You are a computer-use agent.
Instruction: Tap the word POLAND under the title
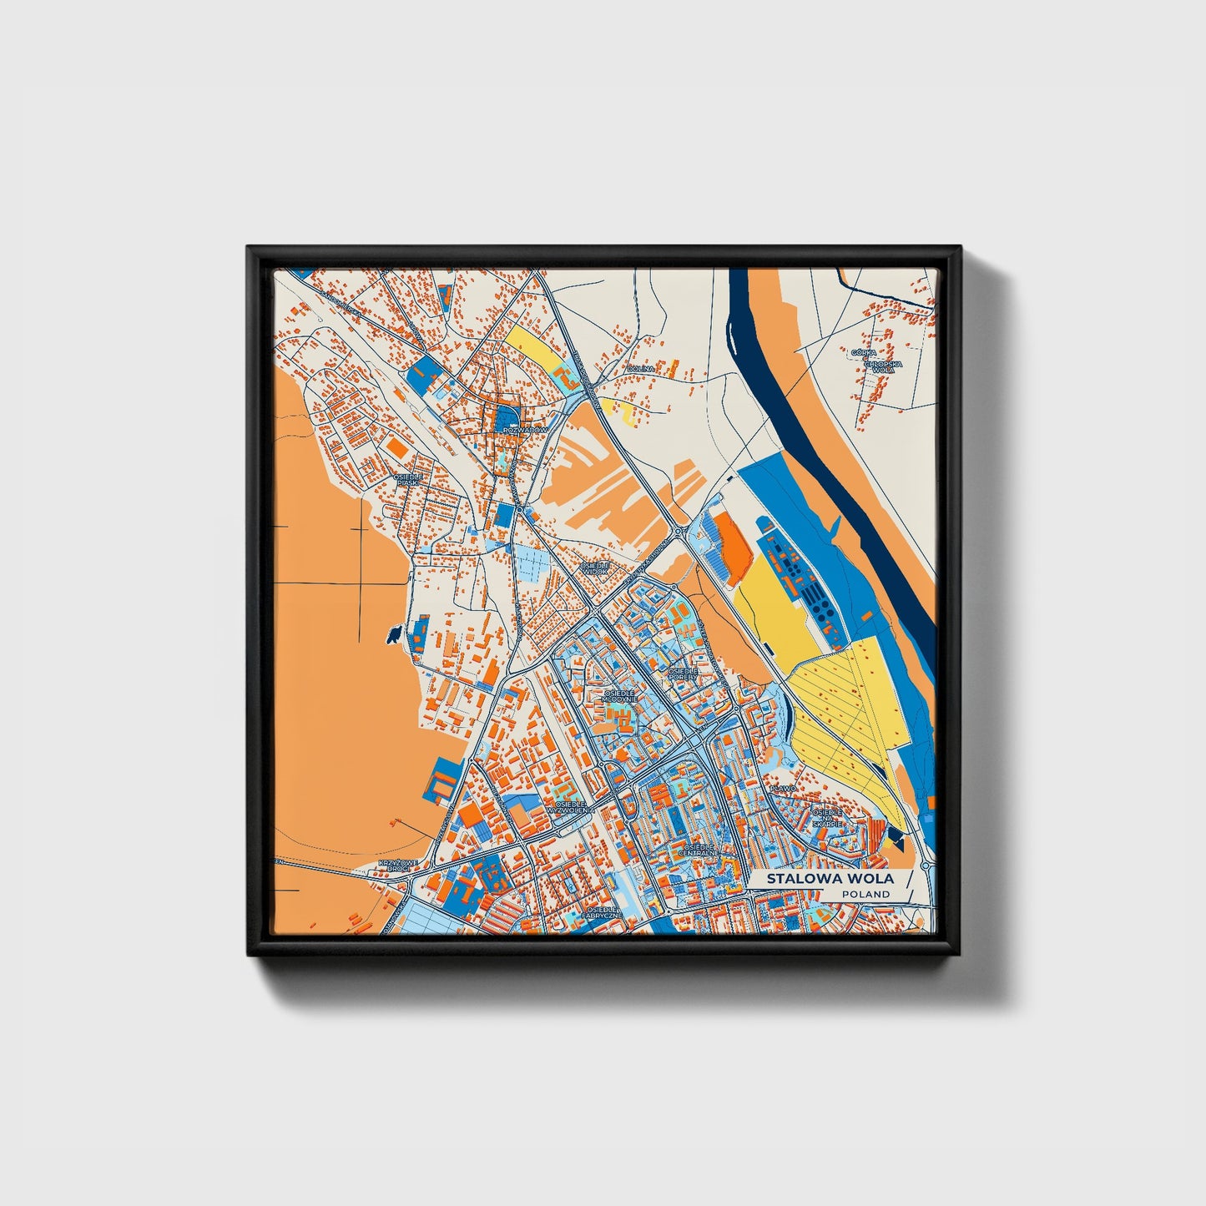point(865,895)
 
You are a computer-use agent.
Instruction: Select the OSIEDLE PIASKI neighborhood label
point(409,479)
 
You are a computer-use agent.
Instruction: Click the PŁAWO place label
point(784,788)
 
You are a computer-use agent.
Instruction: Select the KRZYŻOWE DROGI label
point(394,865)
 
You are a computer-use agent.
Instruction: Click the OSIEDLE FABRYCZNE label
point(602,912)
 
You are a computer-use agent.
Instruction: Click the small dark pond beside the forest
point(391,637)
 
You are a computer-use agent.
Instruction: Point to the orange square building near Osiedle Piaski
point(398,448)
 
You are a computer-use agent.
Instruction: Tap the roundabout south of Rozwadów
point(519,507)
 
